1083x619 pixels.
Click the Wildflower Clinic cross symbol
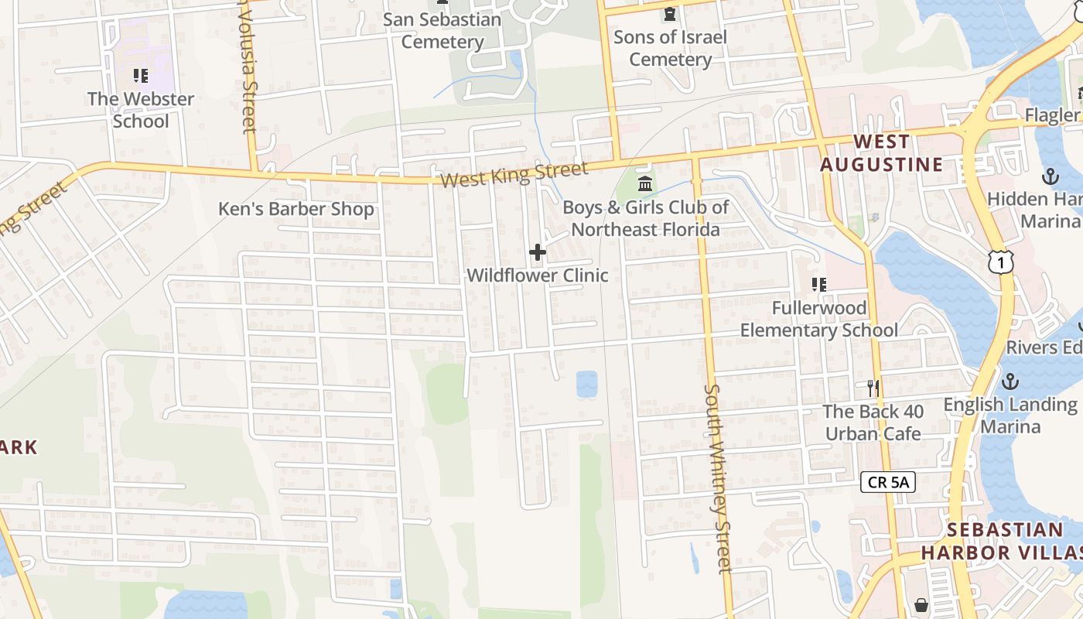click(x=538, y=252)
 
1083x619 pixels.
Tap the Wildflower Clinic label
click(x=538, y=275)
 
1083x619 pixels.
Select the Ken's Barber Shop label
click(x=296, y=209)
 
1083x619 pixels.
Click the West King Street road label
click(x=514, y=174)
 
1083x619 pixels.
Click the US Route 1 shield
click(x=1000, y=263)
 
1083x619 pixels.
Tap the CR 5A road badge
click(x=888, y=483)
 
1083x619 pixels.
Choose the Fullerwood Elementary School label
click(x=819, y=319)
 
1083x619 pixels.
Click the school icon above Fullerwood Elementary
click(x=819, y=285)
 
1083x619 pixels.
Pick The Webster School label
click(x=141, y=110)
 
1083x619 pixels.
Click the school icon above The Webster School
click(x=140, y=76)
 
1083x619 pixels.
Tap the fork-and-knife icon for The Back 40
click(x=873, y=388)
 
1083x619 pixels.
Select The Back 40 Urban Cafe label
click(x=873, y=422)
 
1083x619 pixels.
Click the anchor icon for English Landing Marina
click(x=1010, y=381)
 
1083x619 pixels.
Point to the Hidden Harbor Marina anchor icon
click(x=1050, y=176)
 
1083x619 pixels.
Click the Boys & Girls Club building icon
click(x=645, y=184)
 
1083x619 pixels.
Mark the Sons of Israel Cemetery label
click(x=671, y=48)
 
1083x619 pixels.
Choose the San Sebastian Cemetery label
click(x=442, y=30)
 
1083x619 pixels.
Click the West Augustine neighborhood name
click(x=882, y=153)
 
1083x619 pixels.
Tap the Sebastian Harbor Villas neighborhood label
click(x=1004, y=541)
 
